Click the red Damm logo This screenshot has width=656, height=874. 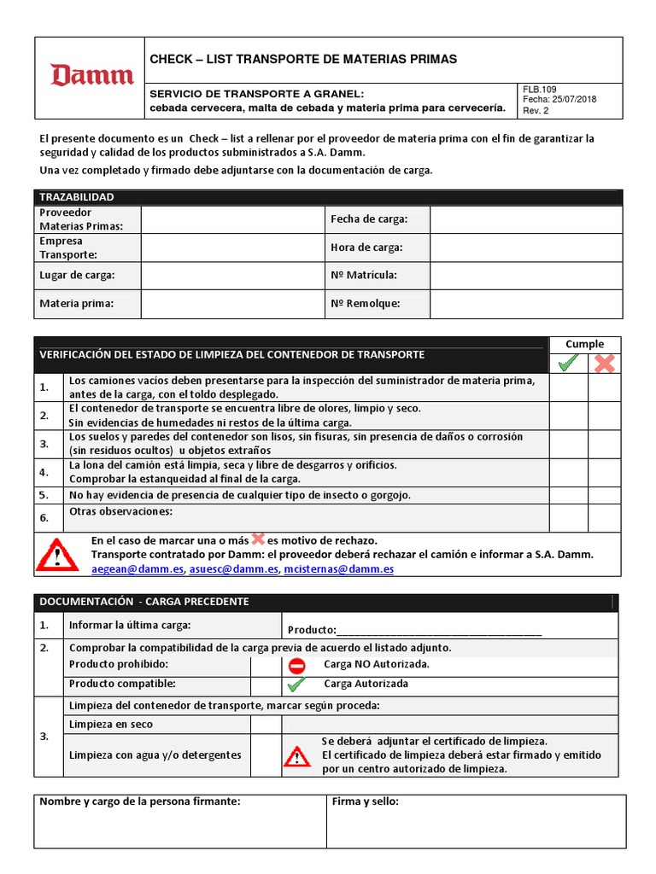click(x=92, y=76)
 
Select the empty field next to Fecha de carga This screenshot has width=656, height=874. click(x=525, y=219)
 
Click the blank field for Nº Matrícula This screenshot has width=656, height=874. click(x=525, y=275)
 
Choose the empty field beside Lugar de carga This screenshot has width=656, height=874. click(x=231, y=275)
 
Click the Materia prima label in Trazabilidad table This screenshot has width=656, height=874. click(x=76, y=303)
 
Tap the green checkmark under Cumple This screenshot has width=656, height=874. click(x=567, y=363)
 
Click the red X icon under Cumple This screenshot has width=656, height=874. click(x=604, y=363)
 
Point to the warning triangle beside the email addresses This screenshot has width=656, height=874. click(x=56, y=555)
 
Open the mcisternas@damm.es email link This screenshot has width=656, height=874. click(x=339, y=569)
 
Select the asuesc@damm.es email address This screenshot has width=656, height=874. click(x=234, y=569)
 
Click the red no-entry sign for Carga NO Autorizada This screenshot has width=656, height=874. click(x=296, y=665)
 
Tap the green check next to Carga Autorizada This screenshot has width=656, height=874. click(x=296, y=685)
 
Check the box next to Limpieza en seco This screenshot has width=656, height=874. click(x=266, y=724)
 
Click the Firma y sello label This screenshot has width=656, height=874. click(x=365, y=801)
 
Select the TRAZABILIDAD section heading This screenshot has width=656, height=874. click(x=77, y=197)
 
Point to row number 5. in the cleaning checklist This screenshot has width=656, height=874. click(x=44, y=495)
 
